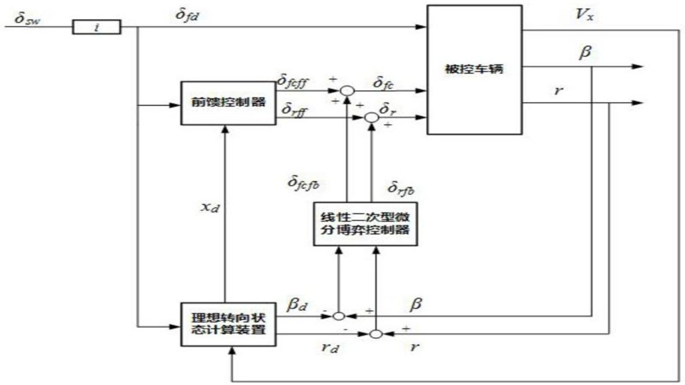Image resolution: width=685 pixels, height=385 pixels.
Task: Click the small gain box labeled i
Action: (x=96, y=28)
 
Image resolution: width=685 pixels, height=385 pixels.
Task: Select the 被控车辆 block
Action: (x=474, y=70)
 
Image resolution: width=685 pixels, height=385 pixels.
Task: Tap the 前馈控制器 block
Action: (x=228, y=103)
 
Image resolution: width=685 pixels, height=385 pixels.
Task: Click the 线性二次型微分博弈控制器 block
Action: (x=365, y=224)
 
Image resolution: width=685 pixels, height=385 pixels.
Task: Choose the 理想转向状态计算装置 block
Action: (x=228, y=324)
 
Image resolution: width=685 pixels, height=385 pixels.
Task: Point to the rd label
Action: (x=330, y=347)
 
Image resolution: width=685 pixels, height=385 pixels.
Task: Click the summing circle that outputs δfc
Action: (x=347, y=91)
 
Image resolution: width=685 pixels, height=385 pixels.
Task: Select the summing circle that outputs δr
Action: (x=371, y=117)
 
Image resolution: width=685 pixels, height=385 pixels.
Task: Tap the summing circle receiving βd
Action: (x=339, y=316)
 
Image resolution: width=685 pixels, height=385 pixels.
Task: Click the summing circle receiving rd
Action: (x=375, y=334)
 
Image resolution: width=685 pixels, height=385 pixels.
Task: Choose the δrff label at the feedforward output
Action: (x=295, y=110)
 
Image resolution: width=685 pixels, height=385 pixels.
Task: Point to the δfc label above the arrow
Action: (x=383, y=83)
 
